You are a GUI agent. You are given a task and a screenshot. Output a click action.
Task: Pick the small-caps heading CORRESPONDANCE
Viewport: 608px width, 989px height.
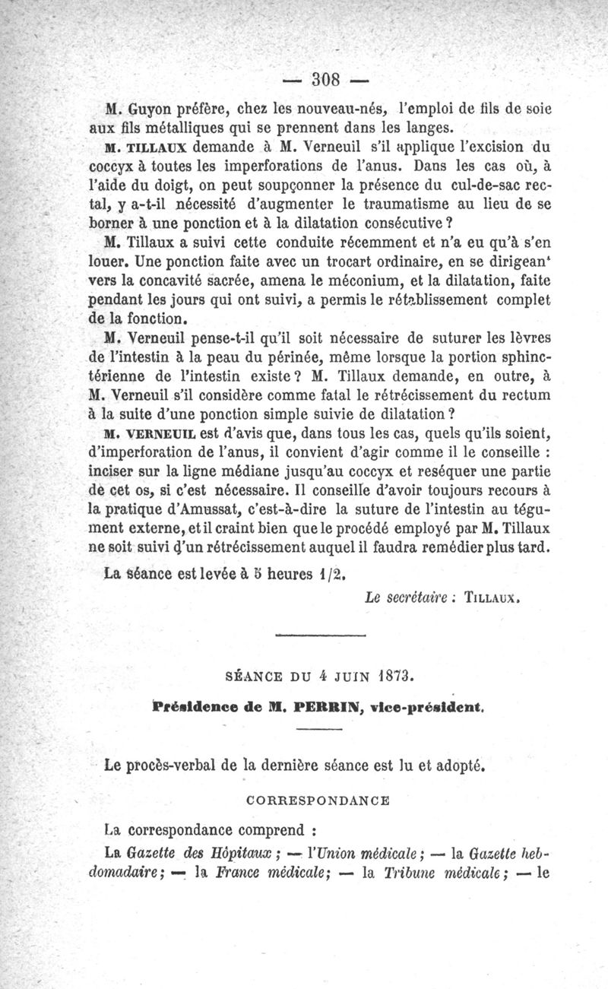(x=318, y=800)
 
